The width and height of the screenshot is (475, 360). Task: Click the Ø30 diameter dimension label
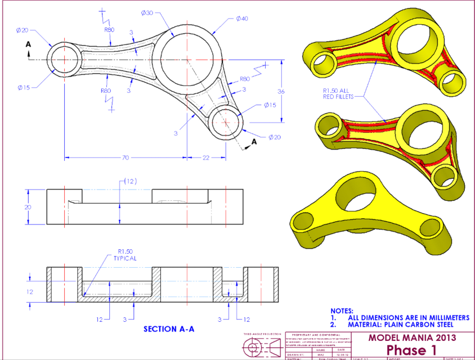[x=148, y=12]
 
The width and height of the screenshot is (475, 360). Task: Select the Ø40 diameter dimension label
[x=241, y=19]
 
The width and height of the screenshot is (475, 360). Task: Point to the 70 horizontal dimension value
[x=125, y=157]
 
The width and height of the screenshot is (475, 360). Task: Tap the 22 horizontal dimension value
[x=206, y=157]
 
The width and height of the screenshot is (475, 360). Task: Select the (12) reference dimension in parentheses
[x=130, y=181]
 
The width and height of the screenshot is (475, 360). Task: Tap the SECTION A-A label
[x=169, y=329]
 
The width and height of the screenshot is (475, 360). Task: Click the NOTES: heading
[x=342, y=310]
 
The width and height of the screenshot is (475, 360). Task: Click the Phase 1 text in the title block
[x=411, y=350]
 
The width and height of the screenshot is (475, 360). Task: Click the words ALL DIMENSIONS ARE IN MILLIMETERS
[x=408, y=318]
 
